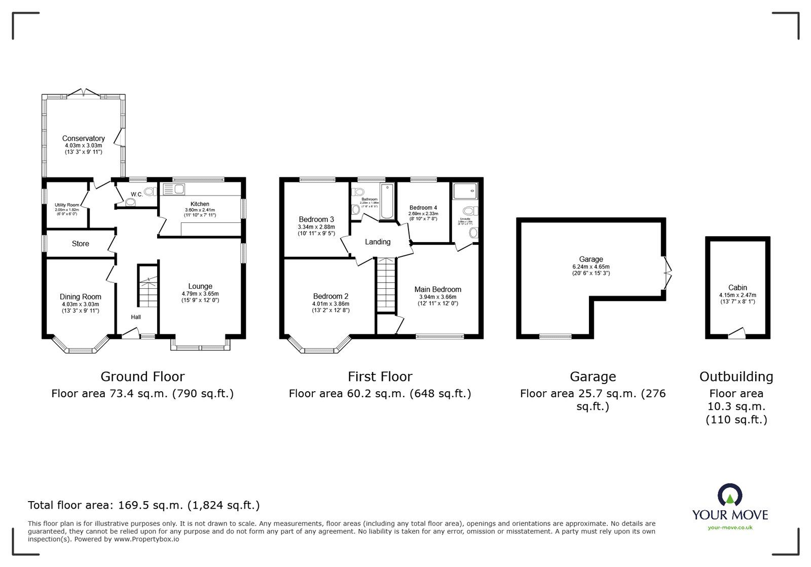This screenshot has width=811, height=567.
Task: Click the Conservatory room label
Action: coord(83,138)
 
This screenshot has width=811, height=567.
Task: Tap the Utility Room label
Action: coord(67,205)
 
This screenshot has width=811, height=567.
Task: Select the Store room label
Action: coord(80,244)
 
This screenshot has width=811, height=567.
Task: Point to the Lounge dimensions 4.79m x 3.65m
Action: coord(200,293)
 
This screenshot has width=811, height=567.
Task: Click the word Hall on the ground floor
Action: coord(136,317)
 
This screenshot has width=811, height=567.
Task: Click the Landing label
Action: coord(378,242)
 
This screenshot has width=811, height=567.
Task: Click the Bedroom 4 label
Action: coord(423,207)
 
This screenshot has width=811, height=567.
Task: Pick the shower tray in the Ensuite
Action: coord(465,191)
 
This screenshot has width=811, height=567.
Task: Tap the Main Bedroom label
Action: coord(437,289)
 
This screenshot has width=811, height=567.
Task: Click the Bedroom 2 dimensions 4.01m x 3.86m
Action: coord(330,304)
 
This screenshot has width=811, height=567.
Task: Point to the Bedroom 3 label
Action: coord(316,219)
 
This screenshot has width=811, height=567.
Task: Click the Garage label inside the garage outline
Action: coord(591,259)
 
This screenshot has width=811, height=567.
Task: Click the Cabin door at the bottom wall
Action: coord(737,334)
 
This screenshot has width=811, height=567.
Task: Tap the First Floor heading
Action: coord(380,376)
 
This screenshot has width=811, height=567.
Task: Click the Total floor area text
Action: coord(143,505)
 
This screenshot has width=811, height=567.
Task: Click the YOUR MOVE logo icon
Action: coord(730,496)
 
